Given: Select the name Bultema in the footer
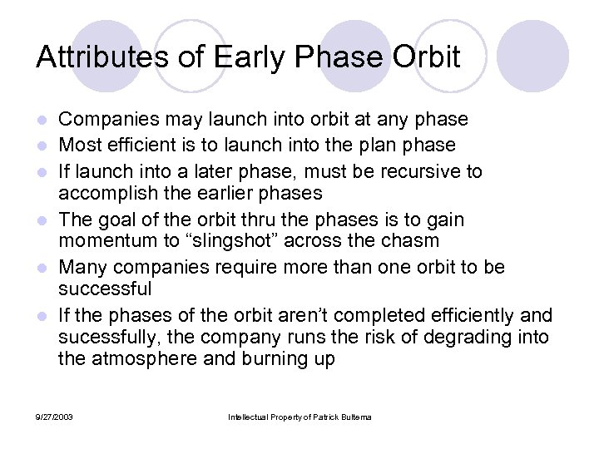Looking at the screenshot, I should (353, 417).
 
